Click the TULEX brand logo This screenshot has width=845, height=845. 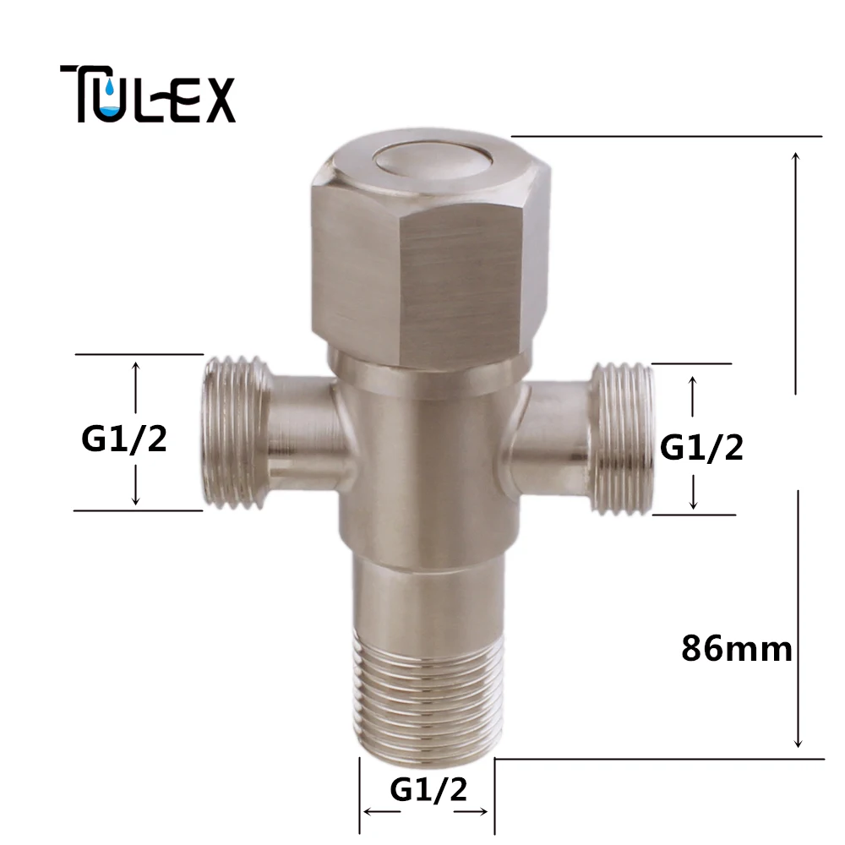148,94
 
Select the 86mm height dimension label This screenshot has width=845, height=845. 737,649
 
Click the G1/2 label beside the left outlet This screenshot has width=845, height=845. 124,439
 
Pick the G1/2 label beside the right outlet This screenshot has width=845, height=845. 701,447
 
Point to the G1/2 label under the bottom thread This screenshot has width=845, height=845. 428,789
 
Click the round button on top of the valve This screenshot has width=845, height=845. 432,161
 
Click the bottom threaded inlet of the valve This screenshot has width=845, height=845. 428,698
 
